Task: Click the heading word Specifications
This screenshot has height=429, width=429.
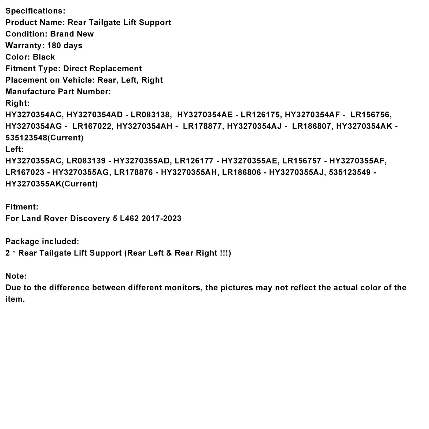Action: [x=35, y=11]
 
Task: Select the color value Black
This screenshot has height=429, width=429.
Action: [x=44, y=57]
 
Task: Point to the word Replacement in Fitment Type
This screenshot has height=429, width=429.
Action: [x=116, y=69]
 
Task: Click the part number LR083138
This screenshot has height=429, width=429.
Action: [x=150, y=115]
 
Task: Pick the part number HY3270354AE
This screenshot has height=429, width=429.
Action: [x=205, y=115]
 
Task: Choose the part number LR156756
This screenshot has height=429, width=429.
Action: [x=371, y=115]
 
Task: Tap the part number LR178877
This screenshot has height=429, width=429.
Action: [x=203, y=126]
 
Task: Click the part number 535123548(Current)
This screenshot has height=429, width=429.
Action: [x=45, y=138]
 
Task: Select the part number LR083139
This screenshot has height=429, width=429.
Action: [x=86, y=161]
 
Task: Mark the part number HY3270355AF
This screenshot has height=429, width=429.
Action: [x=358, y=161]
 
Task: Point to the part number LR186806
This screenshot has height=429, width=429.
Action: [x=241, y=172]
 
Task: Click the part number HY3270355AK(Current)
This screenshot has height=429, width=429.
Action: [x=51, y=184]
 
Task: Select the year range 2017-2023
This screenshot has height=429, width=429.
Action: [x=161, y=219]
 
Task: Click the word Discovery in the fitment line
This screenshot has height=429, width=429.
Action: [x=90, y=219]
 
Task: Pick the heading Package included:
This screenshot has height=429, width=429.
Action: [x=42, y=242]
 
